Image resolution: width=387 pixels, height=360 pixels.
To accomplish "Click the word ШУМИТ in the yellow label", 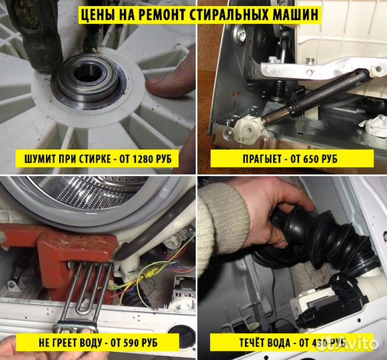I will (x=37, y=159).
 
